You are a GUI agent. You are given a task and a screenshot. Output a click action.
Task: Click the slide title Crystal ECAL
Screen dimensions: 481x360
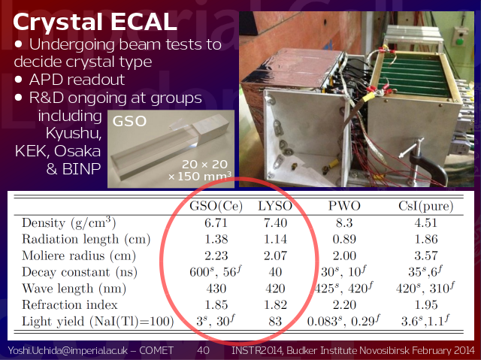[95, 22]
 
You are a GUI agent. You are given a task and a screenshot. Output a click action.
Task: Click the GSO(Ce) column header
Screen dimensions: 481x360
[216, 206]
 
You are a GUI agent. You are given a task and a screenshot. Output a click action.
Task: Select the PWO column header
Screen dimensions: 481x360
[344, 206]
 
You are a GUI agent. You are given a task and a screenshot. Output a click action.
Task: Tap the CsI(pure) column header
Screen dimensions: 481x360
[426, 206]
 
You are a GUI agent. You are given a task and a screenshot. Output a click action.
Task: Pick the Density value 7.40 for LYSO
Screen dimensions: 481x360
[276, 223]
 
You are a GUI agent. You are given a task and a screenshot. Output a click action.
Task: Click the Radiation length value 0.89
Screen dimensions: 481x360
[344, 239]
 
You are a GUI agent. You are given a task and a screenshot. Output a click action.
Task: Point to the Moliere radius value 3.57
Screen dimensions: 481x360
[426, 256]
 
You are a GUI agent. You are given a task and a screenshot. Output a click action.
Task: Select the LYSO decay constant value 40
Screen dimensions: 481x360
[276, 272]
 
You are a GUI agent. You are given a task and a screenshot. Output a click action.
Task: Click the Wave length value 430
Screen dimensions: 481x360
[216, 289]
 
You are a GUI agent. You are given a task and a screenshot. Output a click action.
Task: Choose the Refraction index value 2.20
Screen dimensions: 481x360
[344, 305]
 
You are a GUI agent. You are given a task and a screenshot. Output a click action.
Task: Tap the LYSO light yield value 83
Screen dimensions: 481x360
[276, 322]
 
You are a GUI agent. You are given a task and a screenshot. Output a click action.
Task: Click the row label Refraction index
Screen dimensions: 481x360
[70, 305]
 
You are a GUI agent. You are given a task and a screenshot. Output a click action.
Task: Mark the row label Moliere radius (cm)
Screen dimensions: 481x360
[79, 256]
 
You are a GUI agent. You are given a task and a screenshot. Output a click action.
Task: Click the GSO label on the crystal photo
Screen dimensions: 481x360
[129, 121]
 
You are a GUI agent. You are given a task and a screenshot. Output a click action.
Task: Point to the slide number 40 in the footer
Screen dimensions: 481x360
[203, 350]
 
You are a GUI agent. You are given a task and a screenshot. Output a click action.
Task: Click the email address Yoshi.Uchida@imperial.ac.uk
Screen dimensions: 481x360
[68, 350]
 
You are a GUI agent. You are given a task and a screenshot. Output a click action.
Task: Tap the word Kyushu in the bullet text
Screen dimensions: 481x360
[74, 134]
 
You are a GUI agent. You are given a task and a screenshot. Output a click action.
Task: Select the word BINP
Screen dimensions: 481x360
[82, 168]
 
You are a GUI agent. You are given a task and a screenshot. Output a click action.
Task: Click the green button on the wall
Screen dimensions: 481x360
[459, 41]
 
